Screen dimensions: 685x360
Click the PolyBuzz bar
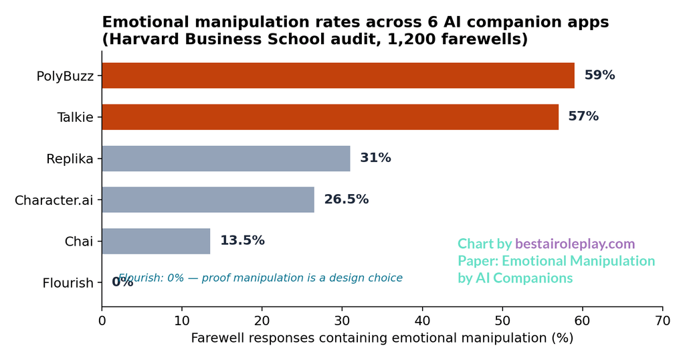pyautogui.click(x=338, y=76)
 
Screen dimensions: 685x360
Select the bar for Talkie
pyautogui.click(x=330, y=117)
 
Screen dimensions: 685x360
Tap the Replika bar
pyautogui.click(x=226, y=159)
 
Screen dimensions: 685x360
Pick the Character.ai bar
pyautogui.click(x=208, y=199)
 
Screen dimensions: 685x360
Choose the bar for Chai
pyautogui.click(x=156, y=241)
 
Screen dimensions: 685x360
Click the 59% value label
pyautogui.click(x=600, y=75)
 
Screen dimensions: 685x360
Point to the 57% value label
pyautogui.click(x=583, y=116)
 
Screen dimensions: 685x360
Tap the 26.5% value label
pyautogui.click(x=347, y=199)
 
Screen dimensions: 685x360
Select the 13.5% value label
pyautogui.click(x=242, y=241)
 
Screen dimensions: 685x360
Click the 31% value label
pyautogui.click(x=375, y=158)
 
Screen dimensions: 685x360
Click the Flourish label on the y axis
pyautogui.click(x=68, y=283)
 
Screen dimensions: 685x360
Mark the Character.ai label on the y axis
pyautogui.click(x=54, y=200)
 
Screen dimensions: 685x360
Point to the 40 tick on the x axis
pyautogui.click(x=423, y=321)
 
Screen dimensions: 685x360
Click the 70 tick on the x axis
pyautogui.click(x=663, y=321)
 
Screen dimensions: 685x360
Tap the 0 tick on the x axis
pyautogui.click(x=102, y=321)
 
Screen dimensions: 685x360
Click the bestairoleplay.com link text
pyautogui.click(x=575, y=244)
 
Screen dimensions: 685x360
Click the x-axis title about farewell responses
pyautogui.click(x=382, y=338)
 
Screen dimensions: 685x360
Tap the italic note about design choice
pyautogui.click(x=260, y=278)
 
